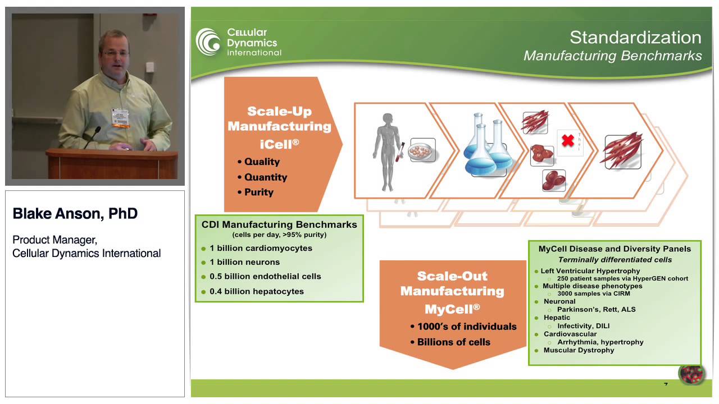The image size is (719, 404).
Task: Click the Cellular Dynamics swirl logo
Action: point(208,42)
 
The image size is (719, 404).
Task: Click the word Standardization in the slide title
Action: point(635,38)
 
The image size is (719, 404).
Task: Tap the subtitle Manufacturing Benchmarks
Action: point(612,56)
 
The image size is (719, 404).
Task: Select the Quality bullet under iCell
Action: point(261,162)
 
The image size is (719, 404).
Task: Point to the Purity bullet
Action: point(258,192)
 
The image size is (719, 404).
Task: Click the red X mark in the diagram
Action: point(568,140)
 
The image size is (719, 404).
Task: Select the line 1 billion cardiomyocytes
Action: point(261,248)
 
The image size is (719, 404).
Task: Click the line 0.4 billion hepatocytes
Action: point(256,291)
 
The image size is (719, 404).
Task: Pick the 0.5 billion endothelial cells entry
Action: point(265,276)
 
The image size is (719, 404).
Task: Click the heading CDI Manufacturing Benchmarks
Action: point(279,224)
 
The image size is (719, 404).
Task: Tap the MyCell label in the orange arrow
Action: point(452,309)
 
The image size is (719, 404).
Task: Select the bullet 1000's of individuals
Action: point(466,327)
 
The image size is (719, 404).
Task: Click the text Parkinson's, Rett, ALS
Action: point(596,309)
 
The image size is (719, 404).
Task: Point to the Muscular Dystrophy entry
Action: point(579,350)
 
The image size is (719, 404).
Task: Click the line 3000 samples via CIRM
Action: point(593,293)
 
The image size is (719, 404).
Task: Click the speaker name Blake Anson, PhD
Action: point(75,214)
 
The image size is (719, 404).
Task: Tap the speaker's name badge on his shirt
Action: point(119,116)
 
